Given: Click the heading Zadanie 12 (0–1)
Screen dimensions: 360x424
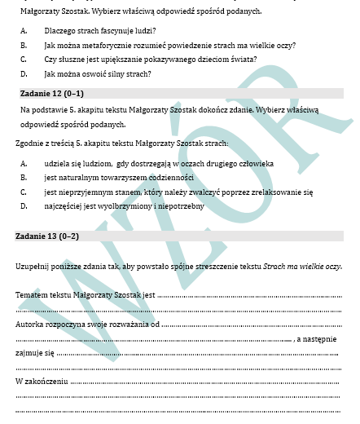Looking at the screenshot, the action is (x=49, y=93).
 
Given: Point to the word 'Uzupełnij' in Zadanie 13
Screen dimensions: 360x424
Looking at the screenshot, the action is (x=32, y=267).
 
